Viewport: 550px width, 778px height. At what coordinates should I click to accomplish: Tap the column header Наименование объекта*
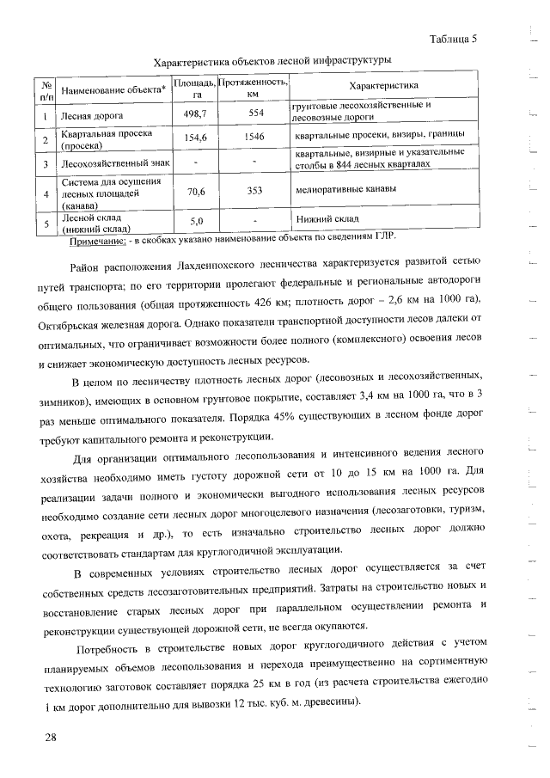[112, 89]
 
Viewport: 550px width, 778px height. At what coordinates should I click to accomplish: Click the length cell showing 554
[254, 113]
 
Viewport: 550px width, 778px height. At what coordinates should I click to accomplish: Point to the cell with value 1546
[254, 137]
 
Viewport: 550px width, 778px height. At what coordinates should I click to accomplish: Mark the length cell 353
[254, 192]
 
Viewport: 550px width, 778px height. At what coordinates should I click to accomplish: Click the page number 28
[52, 737]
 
